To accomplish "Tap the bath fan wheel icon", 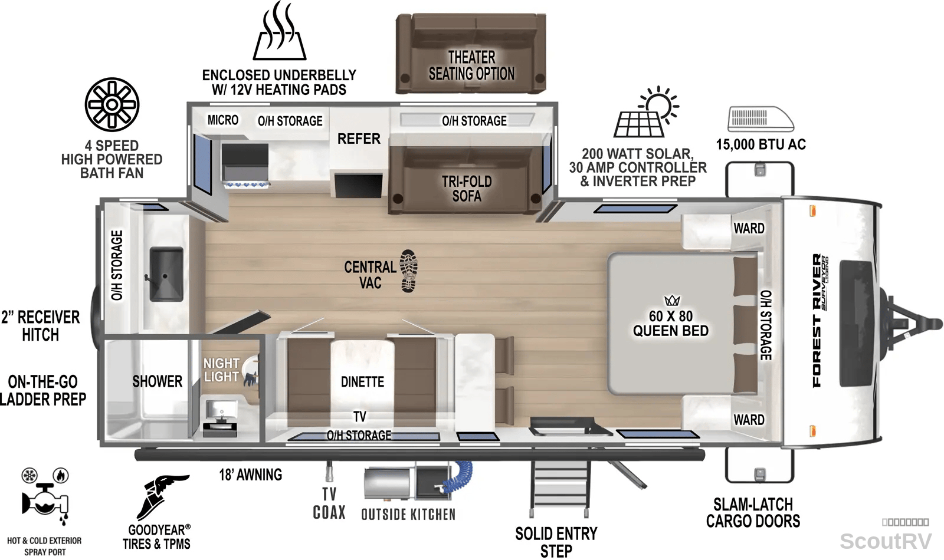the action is tap(112, 104).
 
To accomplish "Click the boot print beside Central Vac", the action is tap(409, 271).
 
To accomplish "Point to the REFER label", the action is tap(359, 139).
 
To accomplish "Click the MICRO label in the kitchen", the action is tap(223, 120).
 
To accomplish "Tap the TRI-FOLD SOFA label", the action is tap(467, 189).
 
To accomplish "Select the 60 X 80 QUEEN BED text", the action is tap(670, 324).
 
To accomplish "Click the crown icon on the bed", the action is tap(672, 300).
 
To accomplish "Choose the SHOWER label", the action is tap(157, 381).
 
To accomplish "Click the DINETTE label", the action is tap(362, 382).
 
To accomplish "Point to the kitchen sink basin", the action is tap(166, 274).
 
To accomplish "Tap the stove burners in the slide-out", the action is tap(246, 183).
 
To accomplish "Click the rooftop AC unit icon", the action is tap(761, 119).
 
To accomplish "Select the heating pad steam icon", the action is tap(280, 31).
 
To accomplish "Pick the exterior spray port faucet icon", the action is tap(45, 497).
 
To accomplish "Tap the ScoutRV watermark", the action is tap(886, 542).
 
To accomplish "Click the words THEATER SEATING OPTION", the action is tap(471, 65).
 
